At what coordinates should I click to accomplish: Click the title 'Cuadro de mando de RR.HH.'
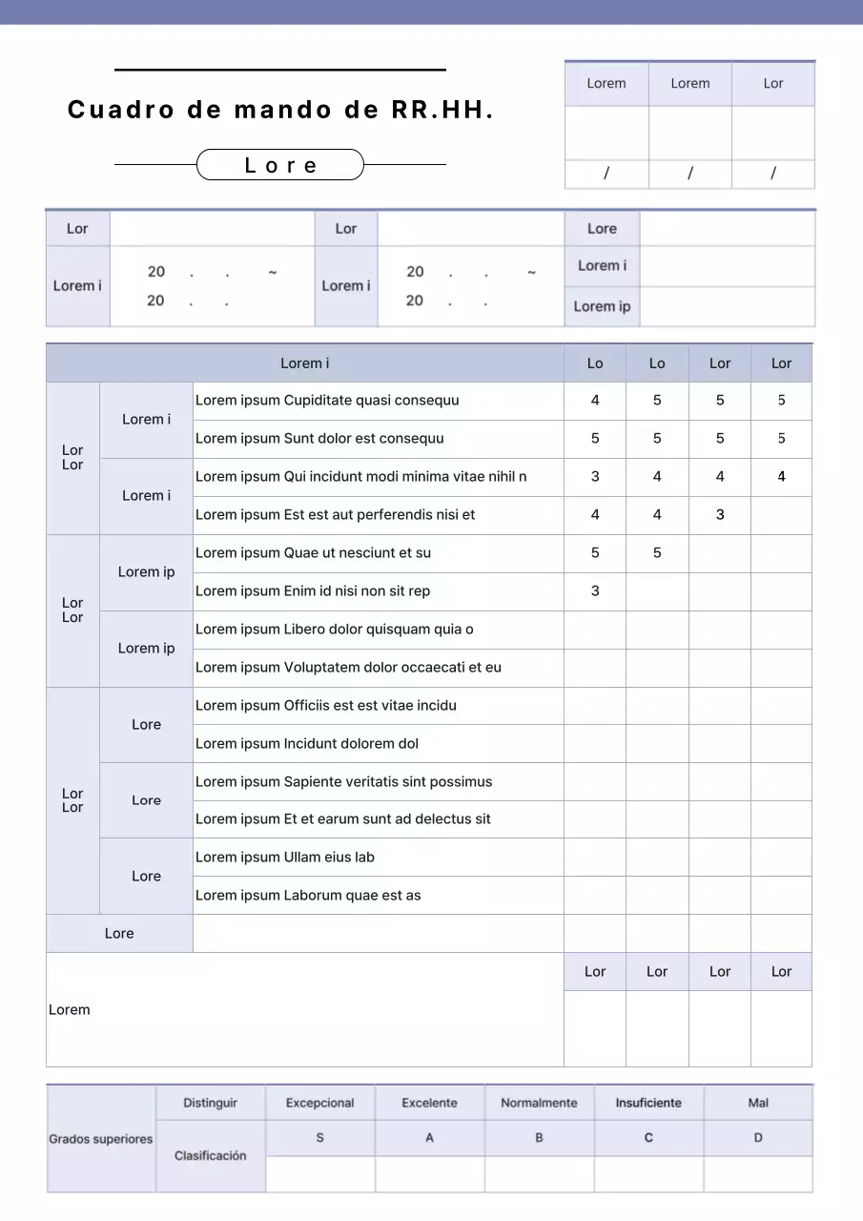280,111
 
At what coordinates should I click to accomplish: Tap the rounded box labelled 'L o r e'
280,165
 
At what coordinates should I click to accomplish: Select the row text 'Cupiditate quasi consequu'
327,401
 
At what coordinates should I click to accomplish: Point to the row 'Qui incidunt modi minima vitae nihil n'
360,477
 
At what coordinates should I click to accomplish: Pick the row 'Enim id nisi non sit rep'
313,591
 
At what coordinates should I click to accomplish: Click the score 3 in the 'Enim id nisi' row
595,591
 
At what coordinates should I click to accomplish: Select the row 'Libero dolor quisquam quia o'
334,630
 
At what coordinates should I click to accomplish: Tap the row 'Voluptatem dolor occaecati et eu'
348,668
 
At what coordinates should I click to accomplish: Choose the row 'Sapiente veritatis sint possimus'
343,782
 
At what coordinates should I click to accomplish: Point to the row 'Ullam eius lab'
285,858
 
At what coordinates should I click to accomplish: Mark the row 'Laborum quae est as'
308,896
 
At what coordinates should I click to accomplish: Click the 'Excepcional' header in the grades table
320,1103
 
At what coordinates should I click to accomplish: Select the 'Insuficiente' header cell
648,1103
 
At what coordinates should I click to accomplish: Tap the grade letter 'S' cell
320,1138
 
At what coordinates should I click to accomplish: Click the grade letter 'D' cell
758,1138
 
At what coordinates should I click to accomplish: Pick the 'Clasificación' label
211,1156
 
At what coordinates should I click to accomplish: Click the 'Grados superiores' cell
101,1139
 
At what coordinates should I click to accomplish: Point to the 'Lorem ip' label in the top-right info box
602,307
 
